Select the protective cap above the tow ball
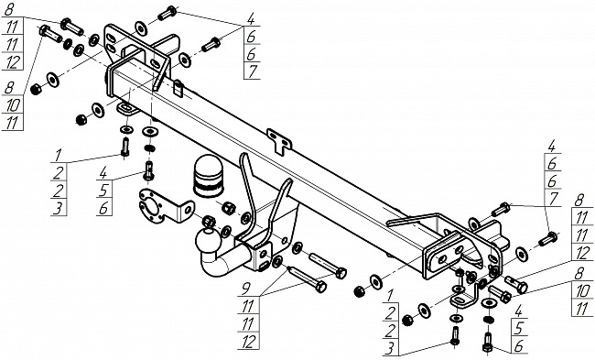tap(208, 176)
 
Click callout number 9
tap(246, 289)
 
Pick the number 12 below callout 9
tap(248, 341)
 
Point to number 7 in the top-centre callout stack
tap(253, 71)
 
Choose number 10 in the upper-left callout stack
tap(13, 104)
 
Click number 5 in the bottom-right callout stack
tap(519, 329)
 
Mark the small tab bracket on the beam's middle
tap(279, 141)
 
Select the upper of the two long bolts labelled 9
tap(328, 266)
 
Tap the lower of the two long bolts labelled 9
tap(308, 278)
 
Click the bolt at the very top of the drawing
tap(167, 13)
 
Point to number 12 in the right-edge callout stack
tap(581, 254)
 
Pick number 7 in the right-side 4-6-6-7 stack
tap(553, 199)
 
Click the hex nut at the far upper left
tap(36, 89)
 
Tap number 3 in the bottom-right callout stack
tap(390, 348)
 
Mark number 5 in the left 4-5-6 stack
tap(103, 191)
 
